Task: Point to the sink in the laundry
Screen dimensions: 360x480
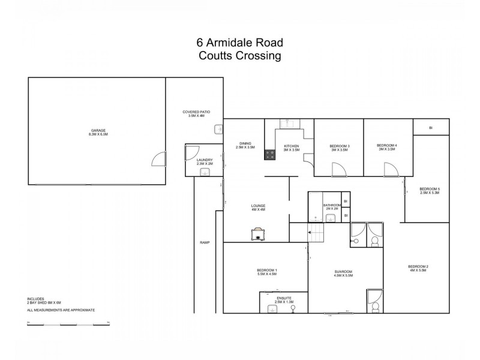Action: (204, 172)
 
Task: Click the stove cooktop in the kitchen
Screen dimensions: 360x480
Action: (270, 155)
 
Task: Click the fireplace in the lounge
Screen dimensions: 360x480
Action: (258, 233)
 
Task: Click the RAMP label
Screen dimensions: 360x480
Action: (204, 242)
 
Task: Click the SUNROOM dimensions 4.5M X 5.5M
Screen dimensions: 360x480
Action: (344, 275)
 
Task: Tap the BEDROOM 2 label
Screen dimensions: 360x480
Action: (418, 266)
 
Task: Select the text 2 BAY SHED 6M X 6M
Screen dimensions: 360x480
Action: (44, 303)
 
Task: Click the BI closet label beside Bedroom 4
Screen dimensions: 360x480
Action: (430, 128)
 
